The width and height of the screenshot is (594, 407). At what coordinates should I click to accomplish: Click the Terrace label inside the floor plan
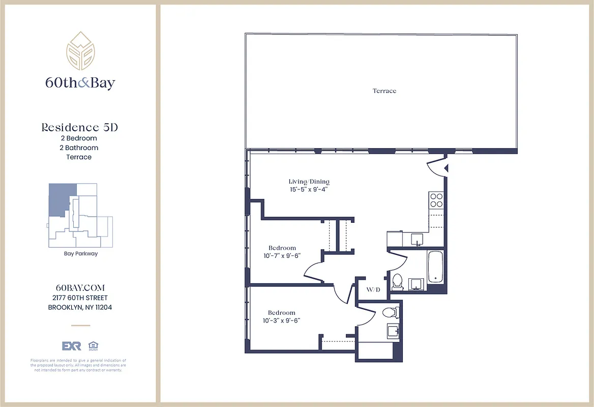click(384, 91)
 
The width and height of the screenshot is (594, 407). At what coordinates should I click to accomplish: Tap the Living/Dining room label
click(309, 182)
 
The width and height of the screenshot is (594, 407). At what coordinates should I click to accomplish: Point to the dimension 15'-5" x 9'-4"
click(309, 189)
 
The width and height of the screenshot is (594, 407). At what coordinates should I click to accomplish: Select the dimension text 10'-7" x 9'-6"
click(282, 256)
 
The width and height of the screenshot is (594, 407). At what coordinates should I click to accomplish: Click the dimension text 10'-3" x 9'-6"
click(282, 321)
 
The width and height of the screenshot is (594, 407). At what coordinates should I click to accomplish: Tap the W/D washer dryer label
click(373, 289)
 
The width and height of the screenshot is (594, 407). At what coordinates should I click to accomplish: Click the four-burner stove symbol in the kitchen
click(436, 200)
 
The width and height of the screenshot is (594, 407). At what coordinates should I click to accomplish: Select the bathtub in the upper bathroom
click(436, 267)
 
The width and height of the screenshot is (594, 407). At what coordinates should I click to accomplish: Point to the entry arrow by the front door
click(446, 168)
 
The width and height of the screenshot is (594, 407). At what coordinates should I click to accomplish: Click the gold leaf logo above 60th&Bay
click(80, 51)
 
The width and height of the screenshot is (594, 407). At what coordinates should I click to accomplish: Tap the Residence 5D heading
click(79, 128)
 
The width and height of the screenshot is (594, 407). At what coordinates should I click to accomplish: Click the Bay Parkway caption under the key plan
click(80, 253)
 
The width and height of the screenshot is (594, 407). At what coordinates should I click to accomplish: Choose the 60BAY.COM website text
click(80, 288)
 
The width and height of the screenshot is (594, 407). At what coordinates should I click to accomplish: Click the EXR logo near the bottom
click(71, 346)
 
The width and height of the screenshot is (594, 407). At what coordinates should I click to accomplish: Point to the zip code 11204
click(102, 307)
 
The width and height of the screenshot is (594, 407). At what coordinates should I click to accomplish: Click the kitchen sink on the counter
click(417, 239)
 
